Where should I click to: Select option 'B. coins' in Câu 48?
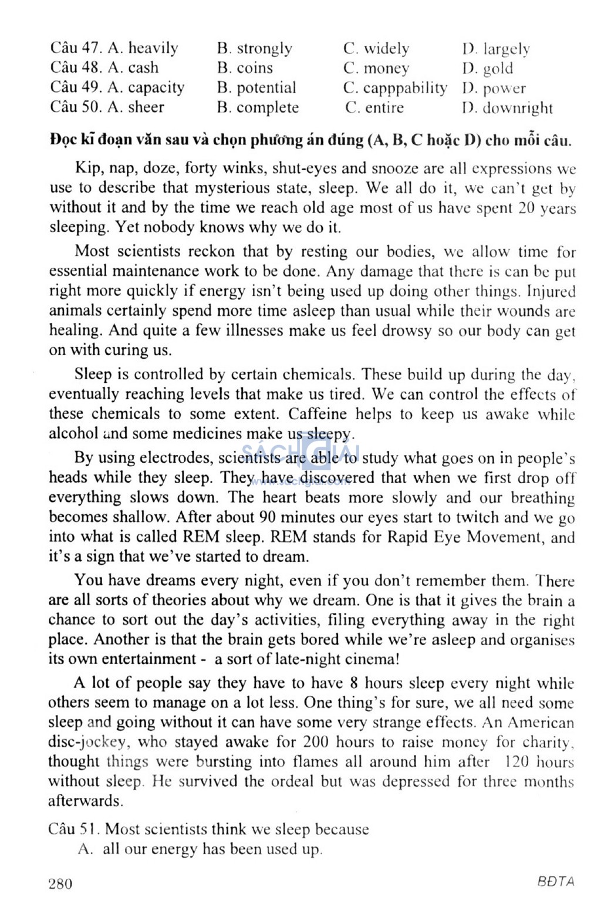coord(245,68)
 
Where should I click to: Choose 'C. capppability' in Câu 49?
coord(395,88)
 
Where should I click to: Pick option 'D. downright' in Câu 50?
coord(508,108)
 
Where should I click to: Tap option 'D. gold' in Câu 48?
coord(488,69)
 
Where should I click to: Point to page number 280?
coord(60,884)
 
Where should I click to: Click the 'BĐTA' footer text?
coord(555,882)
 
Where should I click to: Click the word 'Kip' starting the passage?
coord(87,169)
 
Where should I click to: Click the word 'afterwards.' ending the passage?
coord(86,801)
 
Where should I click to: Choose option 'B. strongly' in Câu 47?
coord(254,48)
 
